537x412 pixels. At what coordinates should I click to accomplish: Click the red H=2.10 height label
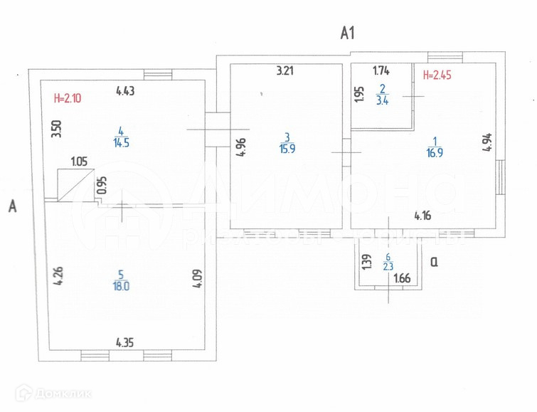(x=68, y=99)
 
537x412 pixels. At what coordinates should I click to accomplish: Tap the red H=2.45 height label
(x=437, y=74)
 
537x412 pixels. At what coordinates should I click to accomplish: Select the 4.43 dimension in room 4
(x=126, y=90)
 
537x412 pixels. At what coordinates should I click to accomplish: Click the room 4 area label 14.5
(x=120, y=142)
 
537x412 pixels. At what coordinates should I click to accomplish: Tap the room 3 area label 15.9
(x=286, y=149)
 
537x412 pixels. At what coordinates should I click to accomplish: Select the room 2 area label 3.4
(x=381, y=100)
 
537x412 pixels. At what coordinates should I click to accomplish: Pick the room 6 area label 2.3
(x=388, y=267)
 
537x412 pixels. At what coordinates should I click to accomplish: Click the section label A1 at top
(x=347, y=32)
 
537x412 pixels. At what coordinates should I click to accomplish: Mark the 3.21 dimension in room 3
(x=285, y=70)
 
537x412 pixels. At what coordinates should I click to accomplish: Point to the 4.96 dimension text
(x=240, y=147)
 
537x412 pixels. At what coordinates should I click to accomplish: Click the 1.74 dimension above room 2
(x=381, y=70)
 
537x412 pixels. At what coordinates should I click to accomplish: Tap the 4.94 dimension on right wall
(x=487, y=143)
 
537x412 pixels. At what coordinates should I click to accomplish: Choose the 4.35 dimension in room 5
(x=125, y=343)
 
